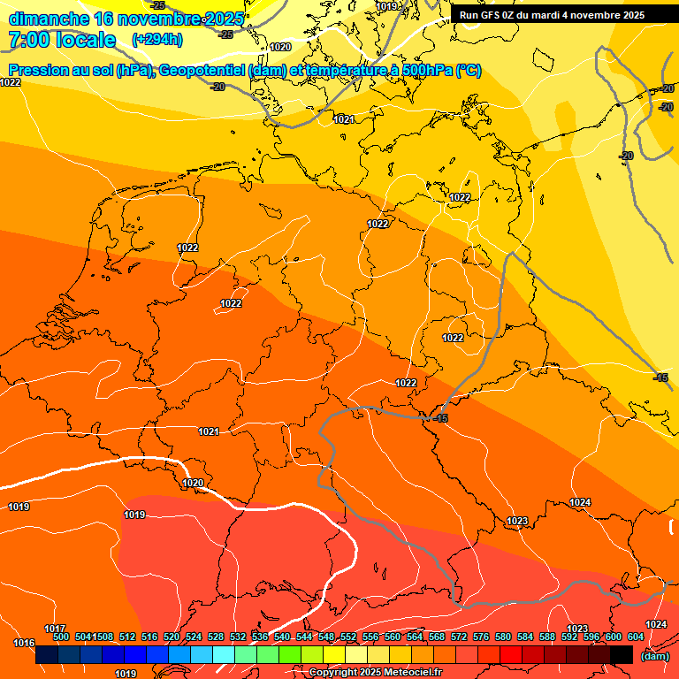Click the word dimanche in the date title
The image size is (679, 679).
pyautogui.click(x=49, y=18)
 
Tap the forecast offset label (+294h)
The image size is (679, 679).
pyautogui.click(x=156, y=40)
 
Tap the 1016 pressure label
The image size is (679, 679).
pyautogui.click(x=24, y=643)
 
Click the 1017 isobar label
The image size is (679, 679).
pyautogui.click(x=55, y=628)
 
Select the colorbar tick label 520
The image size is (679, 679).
pyautogui.click(x=172, y=637)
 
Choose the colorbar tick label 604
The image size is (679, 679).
pyautogui.click(x=636, y=637)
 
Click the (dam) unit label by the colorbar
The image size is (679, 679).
pyautogui.click(x=655, y=656)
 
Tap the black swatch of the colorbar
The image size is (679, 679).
pyautogui.click(x=622, y=655)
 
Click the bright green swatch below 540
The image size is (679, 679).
pyautogui.click(x=289, y=655)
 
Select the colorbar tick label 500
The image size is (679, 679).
pyautogui.click(x=61, y=637)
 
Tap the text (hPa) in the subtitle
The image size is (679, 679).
pyautogui.click(x=133, y=71)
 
